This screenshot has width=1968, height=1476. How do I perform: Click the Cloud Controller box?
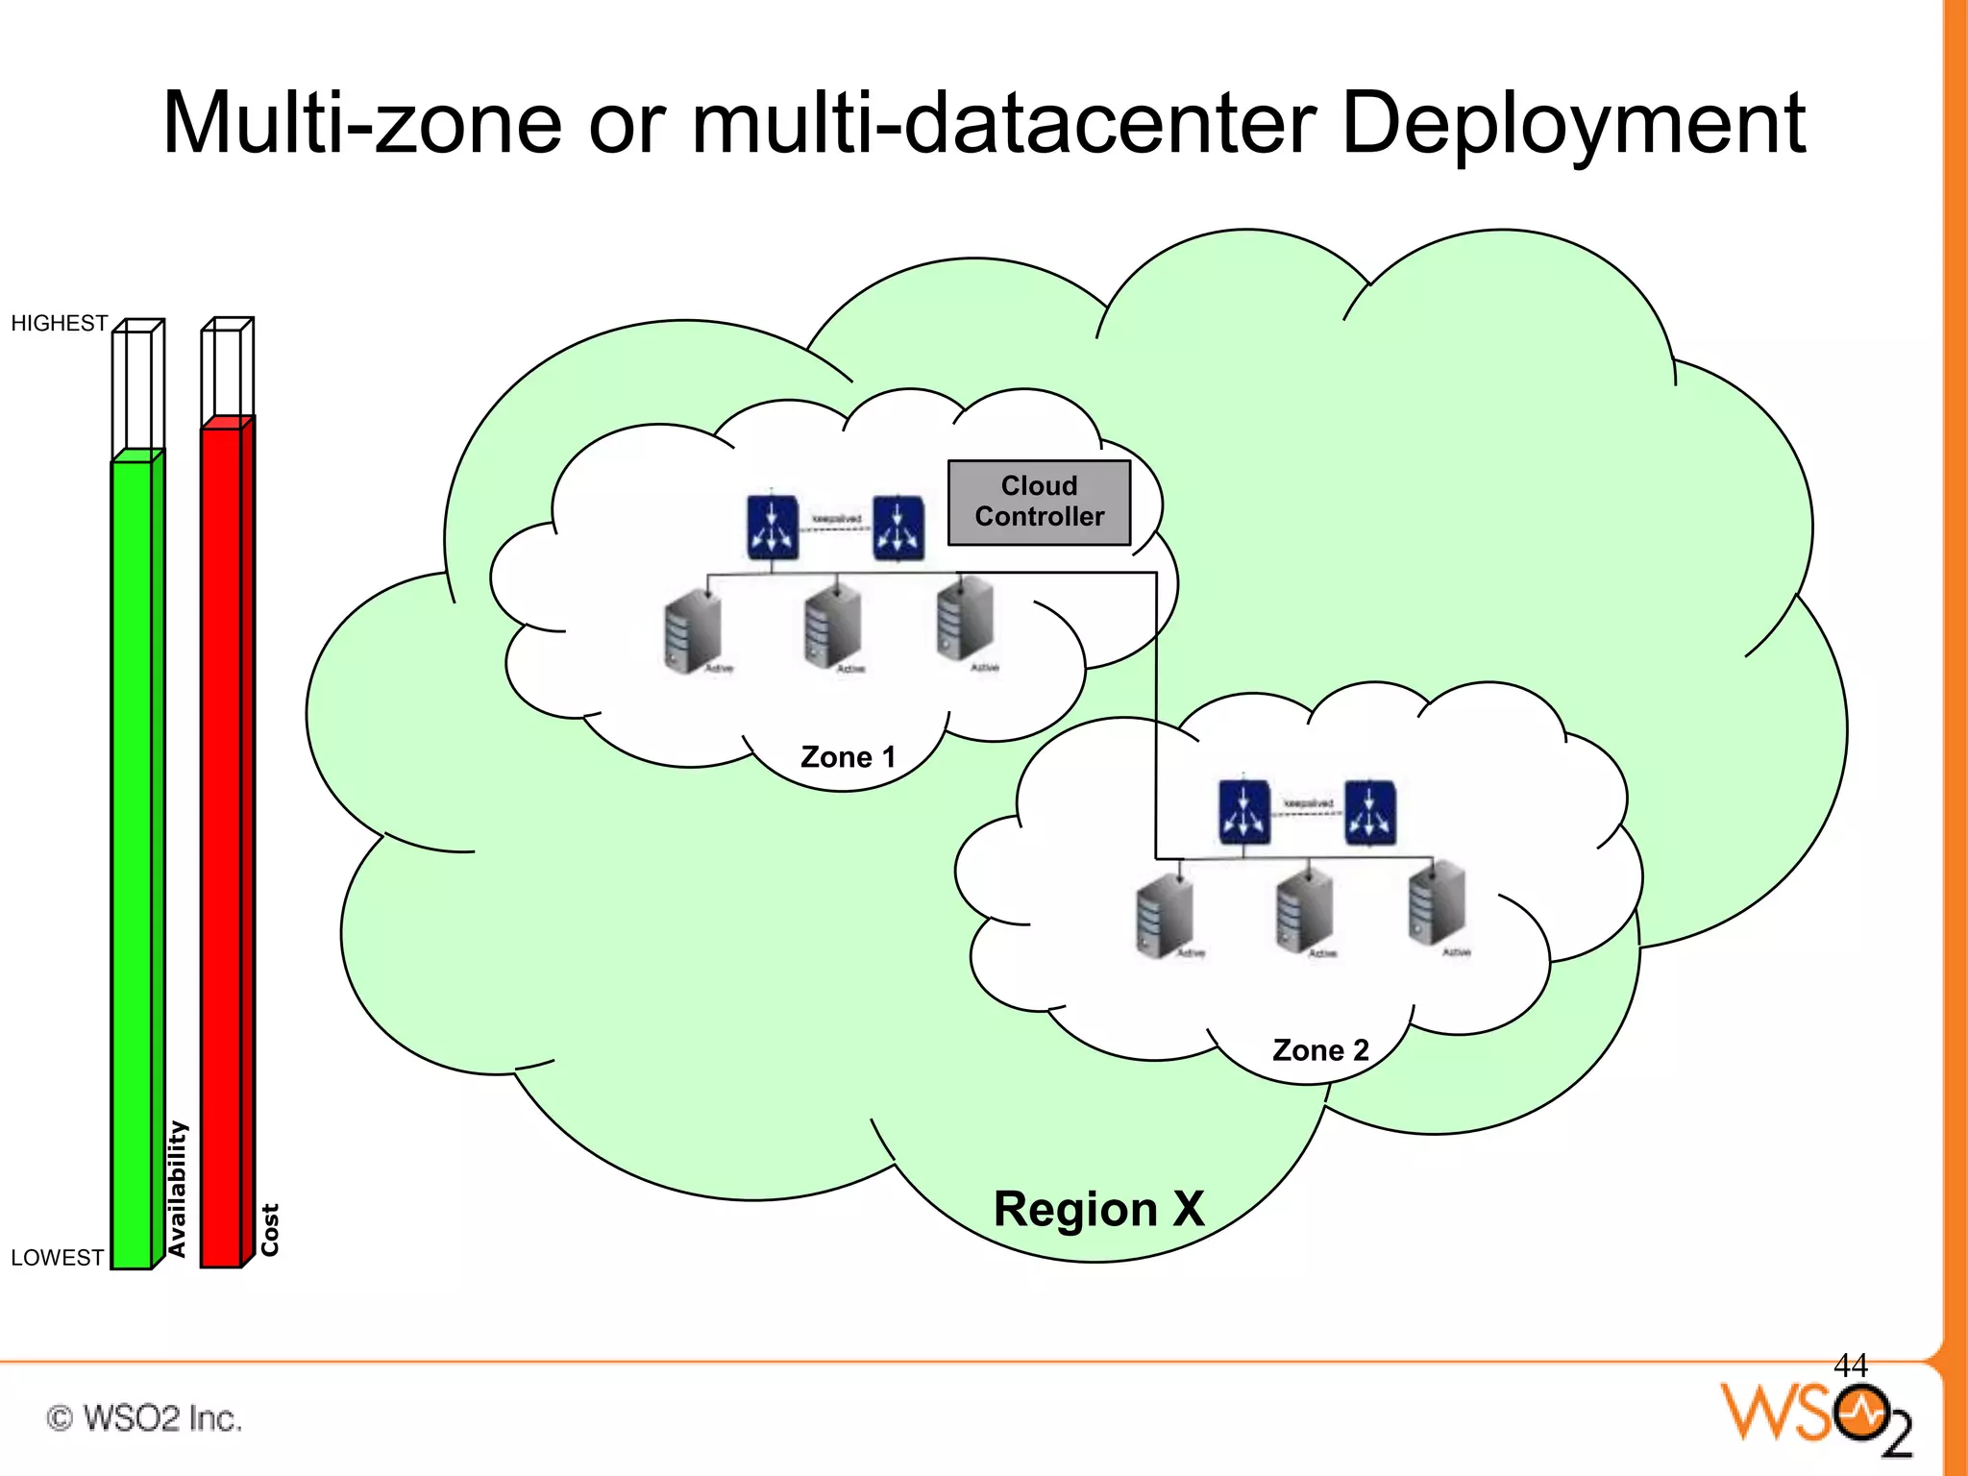1039,502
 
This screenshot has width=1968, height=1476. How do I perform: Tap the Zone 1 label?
848,757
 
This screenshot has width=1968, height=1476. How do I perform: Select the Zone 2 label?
1320,1050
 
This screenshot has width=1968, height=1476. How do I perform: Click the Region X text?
1098,1209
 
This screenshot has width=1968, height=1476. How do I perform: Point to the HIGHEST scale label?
59,323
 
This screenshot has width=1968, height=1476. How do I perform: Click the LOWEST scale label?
57,1258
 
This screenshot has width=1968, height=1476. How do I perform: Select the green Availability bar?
133,865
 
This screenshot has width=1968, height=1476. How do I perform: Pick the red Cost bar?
222,846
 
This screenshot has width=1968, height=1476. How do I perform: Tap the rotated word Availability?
177,1189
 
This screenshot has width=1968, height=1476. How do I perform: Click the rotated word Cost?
270,1229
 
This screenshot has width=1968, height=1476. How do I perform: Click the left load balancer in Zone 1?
773,527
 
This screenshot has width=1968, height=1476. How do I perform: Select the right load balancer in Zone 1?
898,528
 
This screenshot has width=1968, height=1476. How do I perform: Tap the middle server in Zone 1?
832,627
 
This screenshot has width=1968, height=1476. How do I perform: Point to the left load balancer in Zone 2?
1244,812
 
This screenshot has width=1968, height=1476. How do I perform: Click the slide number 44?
1850,1365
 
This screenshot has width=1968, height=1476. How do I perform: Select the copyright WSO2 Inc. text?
144,1418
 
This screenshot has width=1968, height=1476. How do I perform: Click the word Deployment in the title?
1572,123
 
